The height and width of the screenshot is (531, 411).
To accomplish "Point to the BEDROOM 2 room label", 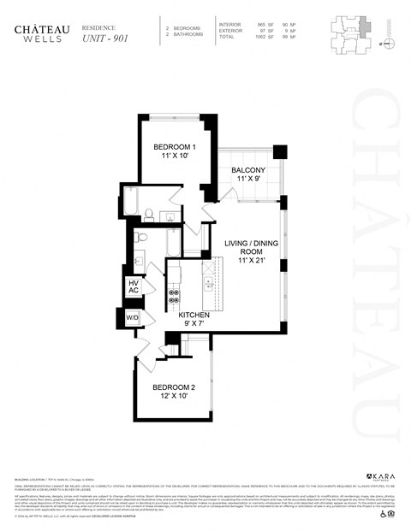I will (175, 388).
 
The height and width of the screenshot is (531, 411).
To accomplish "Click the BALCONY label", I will (248, 171).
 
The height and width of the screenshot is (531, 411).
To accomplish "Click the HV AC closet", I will (134, 286).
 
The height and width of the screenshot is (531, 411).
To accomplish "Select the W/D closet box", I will (133, 318).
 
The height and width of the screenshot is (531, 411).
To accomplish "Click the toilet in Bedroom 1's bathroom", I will (149, 213).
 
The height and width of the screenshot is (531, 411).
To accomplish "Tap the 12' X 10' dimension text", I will (175, 398).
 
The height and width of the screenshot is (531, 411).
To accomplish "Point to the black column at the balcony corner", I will (279, 151).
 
